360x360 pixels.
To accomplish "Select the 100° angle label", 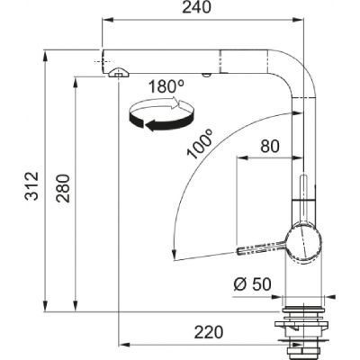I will click(199, 145).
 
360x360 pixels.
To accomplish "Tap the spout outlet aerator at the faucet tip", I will click(116, 76).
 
